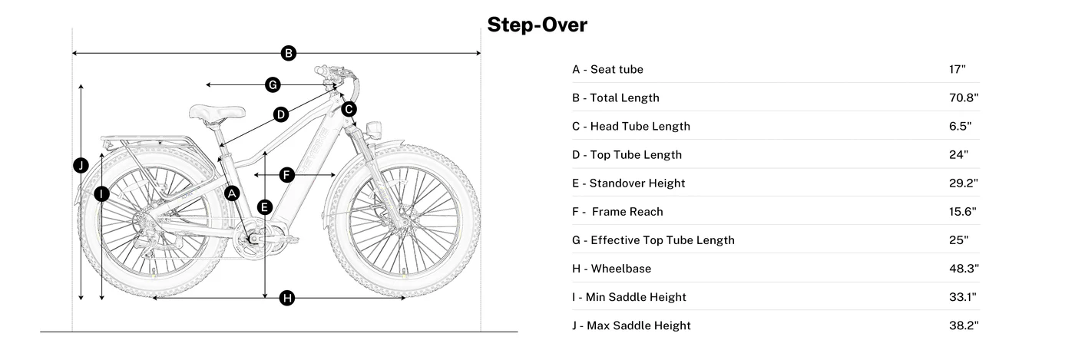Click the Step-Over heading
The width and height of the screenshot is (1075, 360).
[537, 25]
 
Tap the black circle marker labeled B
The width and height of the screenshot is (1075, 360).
[288, 53]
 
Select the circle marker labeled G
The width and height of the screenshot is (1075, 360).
[272, 84]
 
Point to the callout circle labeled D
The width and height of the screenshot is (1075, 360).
[281, 114]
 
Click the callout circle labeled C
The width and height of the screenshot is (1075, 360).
[349, 109]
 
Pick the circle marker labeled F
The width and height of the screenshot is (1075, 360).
[286, 175]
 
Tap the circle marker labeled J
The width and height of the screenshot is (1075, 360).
[81, 165]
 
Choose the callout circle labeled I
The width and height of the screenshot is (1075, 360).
[101, 194]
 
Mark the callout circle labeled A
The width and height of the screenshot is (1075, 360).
[232, 193]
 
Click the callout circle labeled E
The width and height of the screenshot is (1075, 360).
[265, 206]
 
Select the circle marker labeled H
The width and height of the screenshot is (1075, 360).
[287, 298]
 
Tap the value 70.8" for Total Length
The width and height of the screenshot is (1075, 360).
[964, 97]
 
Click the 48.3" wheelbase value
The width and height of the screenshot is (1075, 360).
[964, 269]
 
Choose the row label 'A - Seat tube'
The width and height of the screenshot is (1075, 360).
[607, 69]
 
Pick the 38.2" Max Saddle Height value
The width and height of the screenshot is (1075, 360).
[964, 325]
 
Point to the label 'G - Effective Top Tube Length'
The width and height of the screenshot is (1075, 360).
[653, 240]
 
